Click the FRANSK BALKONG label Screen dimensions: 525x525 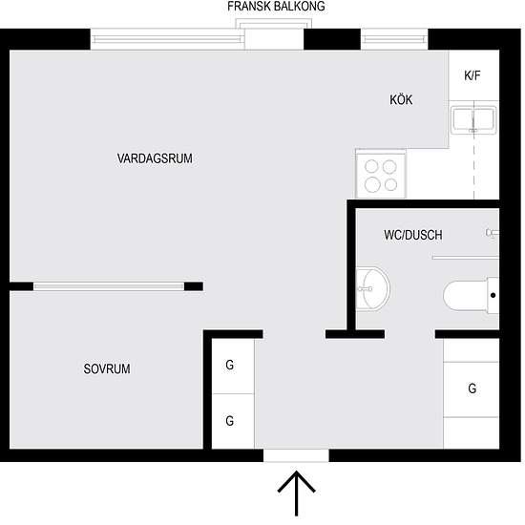(x=276, y=7)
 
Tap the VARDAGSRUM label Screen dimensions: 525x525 (x=155, y=158)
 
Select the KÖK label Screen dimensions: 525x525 (x=401, y=100)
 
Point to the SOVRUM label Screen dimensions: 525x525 (x=106, y=368)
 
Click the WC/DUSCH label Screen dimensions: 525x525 (x=412, y=235)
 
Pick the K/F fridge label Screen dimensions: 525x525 (x=472, y=75)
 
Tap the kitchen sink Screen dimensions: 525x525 (x=473, y=121)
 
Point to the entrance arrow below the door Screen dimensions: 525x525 (x=297, y=494)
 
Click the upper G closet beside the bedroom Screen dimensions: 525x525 (x=229, y=366)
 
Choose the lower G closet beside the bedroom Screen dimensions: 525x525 (x=229, y=420)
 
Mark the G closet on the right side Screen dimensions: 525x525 (x=472, y=388)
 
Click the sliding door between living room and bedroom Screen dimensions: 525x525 (x=107, y=285)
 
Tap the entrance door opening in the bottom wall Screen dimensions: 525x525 (x=297, y=455)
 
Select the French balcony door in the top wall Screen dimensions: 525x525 (x=276, y=39)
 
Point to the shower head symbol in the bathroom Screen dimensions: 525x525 (x=491, y=232)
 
